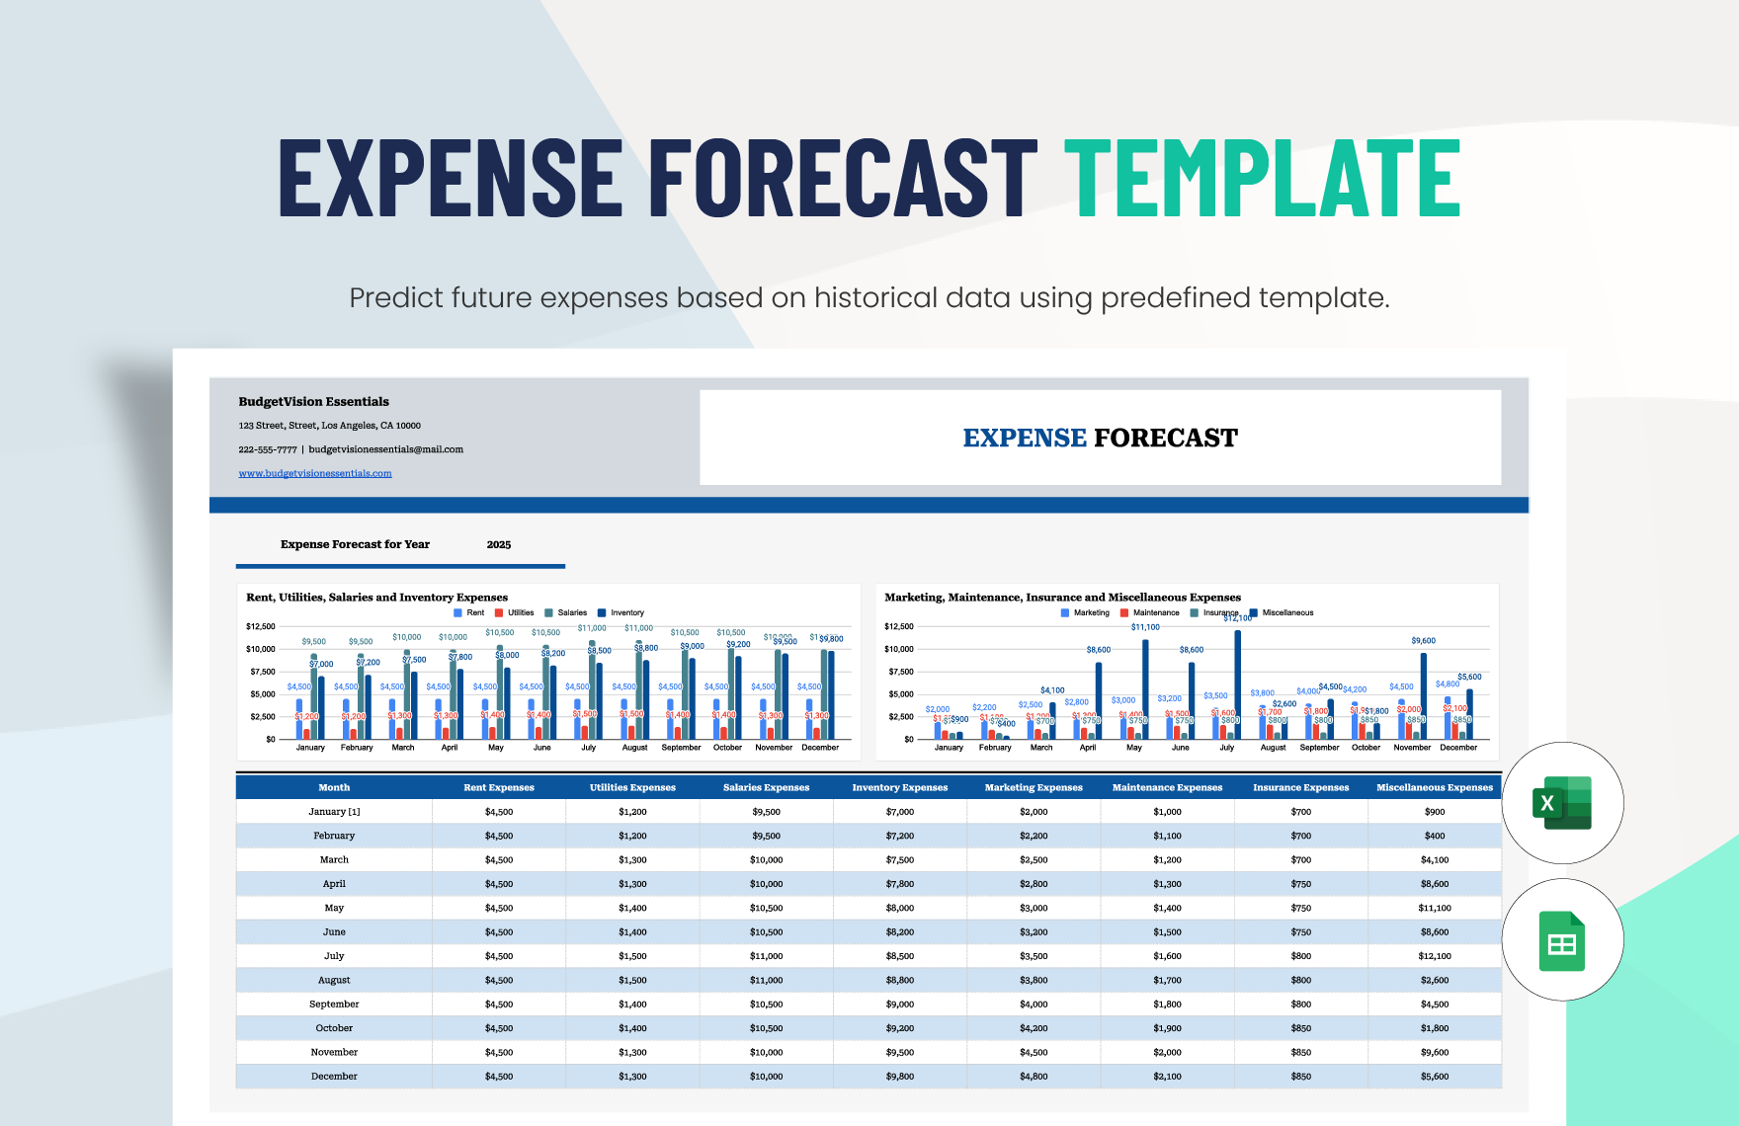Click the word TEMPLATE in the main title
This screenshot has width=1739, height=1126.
tap(1262, 178)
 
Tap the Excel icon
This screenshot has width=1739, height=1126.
tap(1561, 803)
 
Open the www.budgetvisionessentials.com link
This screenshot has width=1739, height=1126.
tap(315, 473)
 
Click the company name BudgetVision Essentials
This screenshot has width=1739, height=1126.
tap(313, 402)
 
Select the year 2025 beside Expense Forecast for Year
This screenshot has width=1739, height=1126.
tap(499, 544)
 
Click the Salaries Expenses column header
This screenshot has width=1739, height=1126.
tap(766, 787)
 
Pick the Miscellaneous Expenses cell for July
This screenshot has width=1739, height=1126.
tap(1434, 956)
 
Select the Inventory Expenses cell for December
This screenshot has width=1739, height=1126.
tap(899, 1077)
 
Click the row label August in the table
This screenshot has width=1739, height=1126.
tap(334, 980)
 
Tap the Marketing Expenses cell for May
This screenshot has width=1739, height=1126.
tap(1034, 908)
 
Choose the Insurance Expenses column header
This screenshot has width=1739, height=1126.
tap(1300, 787)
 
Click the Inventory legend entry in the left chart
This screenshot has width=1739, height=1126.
tap(626, 613)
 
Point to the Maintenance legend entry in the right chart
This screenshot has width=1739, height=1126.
tap(1155, 613)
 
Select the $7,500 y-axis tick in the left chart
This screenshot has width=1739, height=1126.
tap(262, 672)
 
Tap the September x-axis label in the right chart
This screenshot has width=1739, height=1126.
tap(1319, 748)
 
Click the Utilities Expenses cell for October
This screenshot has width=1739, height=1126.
tap(632, 1028)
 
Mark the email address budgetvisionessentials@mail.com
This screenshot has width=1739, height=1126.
tap(385, 449)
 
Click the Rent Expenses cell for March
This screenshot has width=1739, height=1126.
tap(499, 859)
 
